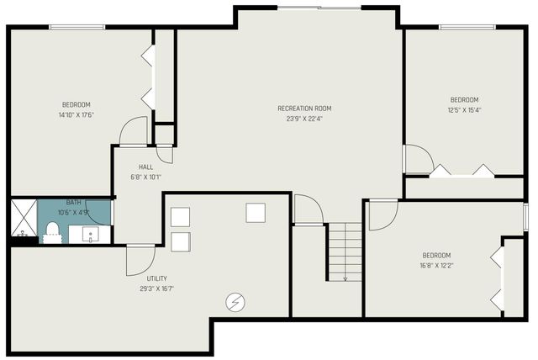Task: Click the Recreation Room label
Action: click(x=304, y=108)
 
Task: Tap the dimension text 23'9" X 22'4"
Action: click(x=304, y=118)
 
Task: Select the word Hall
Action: click(x=145, y=167)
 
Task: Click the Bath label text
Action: click(x=74, y=203)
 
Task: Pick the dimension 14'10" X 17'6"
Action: click(x=75, y=115)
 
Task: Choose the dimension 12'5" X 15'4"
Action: click(x=464, y=109)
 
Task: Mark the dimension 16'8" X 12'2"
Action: click(x=436, y=265)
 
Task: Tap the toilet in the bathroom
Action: click(x=52, y=230)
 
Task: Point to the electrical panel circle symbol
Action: click(x=235, y=301)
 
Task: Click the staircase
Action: click(x=344, y=251)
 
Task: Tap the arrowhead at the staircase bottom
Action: click(x=345, y=278)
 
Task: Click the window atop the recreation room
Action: click(x=319, y=8)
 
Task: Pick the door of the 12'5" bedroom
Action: click(x=417, y=160)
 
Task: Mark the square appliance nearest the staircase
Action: click(x=256, y=212)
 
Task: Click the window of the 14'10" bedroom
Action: click(x=76, y=27)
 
